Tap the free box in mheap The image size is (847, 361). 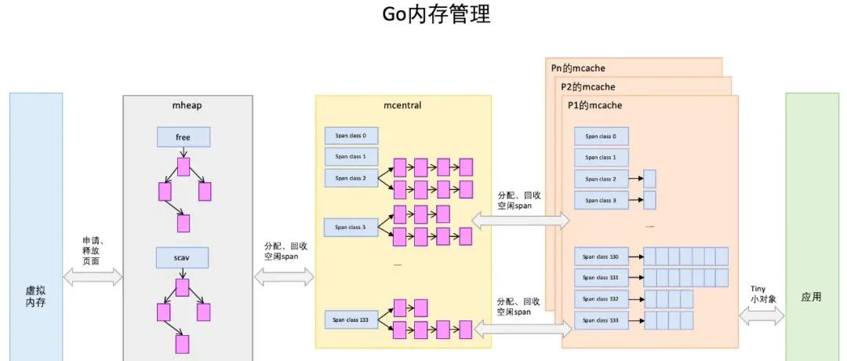tap(183, 137)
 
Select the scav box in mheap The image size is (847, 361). tap(183, 257)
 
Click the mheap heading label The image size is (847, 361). tap(187, 104)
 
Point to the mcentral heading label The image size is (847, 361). tap(403, 104)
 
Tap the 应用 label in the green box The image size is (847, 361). tap(811, 297)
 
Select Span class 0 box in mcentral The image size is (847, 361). tap(351, 136)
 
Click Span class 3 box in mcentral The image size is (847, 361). tap(351, 227)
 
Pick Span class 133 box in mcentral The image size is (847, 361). tap(351, 319)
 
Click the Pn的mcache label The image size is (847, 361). tap(578, 68)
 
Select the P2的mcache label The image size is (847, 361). tap(587, 86)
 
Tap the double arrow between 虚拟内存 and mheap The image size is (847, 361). tap(93, 275)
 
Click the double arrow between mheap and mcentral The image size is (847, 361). tap(285, 275)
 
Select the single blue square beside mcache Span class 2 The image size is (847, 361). tap(649, 178)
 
